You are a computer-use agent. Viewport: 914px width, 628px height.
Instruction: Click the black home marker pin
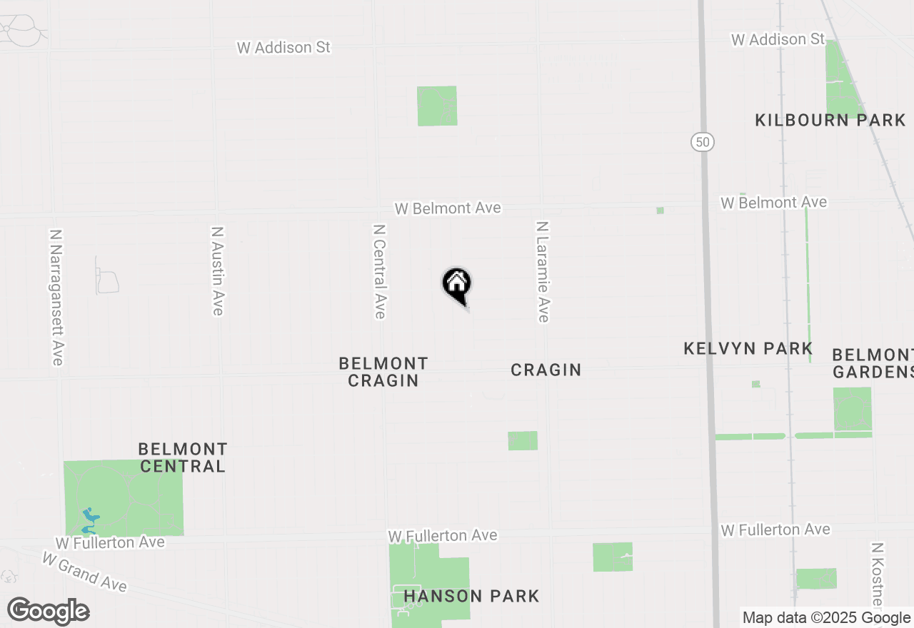457,285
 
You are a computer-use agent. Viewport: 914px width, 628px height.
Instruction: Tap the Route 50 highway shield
703,141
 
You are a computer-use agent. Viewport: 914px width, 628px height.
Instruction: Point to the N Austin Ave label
218,271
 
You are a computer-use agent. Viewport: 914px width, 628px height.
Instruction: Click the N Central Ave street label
379,271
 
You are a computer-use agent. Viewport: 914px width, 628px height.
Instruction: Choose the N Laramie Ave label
543,271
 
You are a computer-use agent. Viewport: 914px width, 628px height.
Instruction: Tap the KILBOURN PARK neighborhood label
830,120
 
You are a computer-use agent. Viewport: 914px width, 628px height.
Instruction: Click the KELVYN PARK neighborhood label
748,348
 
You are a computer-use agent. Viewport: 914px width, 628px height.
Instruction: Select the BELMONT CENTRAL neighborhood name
183,457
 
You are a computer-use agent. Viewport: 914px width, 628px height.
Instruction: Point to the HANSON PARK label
471,596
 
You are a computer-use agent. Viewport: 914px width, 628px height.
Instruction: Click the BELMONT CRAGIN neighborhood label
383,372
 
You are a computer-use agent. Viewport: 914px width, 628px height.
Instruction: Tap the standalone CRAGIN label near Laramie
546,370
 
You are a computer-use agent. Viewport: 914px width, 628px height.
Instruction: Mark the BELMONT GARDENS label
873,363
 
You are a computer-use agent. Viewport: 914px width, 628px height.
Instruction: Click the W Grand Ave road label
84,572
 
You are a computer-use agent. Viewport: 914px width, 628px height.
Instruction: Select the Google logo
48,611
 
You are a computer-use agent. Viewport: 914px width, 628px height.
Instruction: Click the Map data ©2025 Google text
826,618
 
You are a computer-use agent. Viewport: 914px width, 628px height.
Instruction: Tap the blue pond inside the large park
89,520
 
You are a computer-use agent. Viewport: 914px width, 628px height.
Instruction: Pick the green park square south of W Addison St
437,106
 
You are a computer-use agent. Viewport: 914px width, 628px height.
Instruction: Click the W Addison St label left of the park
284,47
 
